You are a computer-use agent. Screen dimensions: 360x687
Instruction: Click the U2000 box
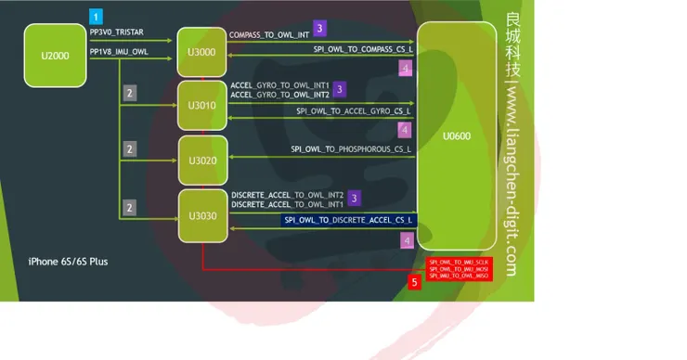(x=55, y=56)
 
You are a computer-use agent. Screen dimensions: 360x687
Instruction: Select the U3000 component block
(x=201, y=52)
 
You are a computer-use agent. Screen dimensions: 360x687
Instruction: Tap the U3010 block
(x=201, y=105)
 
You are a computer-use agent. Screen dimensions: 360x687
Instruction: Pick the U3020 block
(x=201, y=160)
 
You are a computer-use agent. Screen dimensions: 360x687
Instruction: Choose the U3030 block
(x=201, y=216)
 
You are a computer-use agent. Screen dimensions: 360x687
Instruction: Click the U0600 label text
(x=457, y=136)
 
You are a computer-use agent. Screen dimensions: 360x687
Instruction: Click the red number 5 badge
(x=415, y=281)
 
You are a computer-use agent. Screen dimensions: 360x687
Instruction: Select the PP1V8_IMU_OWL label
(x=119, y=51)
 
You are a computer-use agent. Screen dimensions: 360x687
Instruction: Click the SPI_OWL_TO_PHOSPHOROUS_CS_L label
(x=351, y=148)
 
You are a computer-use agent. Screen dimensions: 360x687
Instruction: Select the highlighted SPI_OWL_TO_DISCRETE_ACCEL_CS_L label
(x=348, y=220)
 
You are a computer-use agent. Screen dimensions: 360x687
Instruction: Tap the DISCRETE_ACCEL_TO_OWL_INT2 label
(x=287, y=194)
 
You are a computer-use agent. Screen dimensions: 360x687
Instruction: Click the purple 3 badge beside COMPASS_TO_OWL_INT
(x=319, y=28)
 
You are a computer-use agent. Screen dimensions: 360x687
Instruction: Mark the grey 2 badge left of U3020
(x=130, y=148)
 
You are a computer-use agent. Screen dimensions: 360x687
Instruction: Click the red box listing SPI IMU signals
(x=459, y=269)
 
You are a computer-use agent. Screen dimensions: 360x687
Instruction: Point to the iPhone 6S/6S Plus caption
(x=69, y=262)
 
